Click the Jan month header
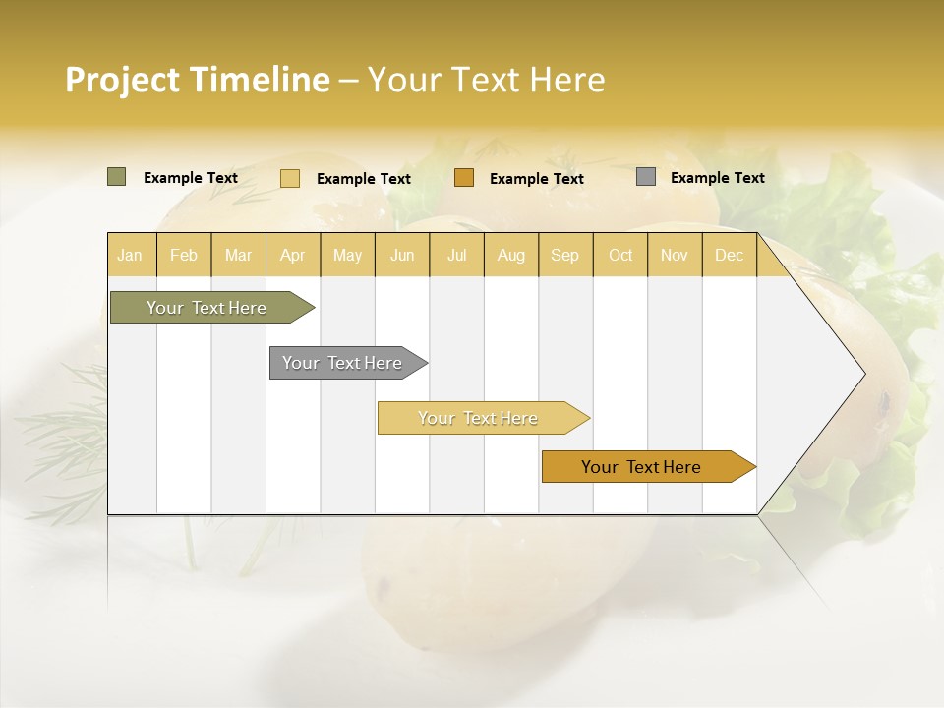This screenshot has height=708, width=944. pos(131,255)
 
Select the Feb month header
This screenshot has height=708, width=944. pos(184,255)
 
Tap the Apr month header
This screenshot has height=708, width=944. pos(293,255)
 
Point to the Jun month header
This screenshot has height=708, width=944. pos(402,255)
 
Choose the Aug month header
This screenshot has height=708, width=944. pos(511,255)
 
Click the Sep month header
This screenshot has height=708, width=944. pos(565,255)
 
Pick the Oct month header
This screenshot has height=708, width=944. pos(620,255)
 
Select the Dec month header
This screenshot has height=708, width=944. pos(730,255)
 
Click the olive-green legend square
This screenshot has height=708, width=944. pos(117,177)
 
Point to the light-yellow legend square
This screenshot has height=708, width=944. pos(290,178)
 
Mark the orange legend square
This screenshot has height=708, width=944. pos(464,177)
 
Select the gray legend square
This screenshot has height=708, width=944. pos(646,177)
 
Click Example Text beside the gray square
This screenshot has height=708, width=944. pos(717,178)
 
